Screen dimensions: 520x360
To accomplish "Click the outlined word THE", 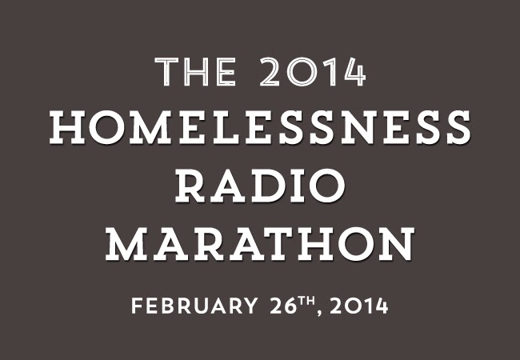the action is tap(196, 72).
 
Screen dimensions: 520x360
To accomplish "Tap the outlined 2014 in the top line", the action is tap(312, 72).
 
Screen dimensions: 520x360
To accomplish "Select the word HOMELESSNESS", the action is tap(260, 127).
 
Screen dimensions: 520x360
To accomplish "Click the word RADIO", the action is tap(260, 186).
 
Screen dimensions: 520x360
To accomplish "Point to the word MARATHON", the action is tap(260, 244).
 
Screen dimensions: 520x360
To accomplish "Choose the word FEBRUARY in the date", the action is tap(194, 306).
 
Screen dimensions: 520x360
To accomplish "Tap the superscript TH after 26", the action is tap(306, 301).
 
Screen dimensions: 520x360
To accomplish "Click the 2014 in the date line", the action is tap(359, 306).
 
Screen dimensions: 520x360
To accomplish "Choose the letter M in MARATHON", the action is tap(126, 244).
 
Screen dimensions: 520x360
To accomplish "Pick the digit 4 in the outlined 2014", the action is tap(354, 72).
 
